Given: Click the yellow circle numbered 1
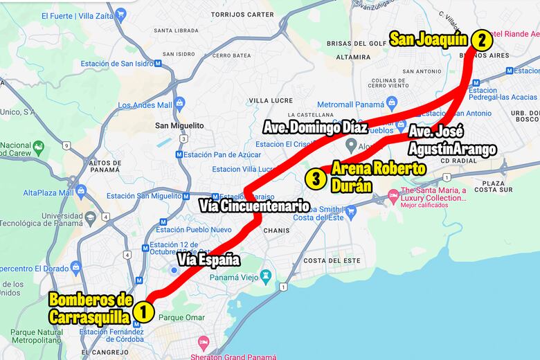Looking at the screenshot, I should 143,311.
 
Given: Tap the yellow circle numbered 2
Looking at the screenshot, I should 481,39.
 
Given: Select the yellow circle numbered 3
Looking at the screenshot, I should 316,179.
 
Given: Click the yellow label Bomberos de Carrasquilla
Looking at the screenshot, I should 90,309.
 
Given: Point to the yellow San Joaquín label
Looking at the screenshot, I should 429,39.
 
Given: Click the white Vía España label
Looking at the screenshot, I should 208,260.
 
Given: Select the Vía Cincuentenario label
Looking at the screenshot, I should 253,206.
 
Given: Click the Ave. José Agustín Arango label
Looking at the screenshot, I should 451,141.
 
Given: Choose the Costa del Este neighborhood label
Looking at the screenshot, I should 332,260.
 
